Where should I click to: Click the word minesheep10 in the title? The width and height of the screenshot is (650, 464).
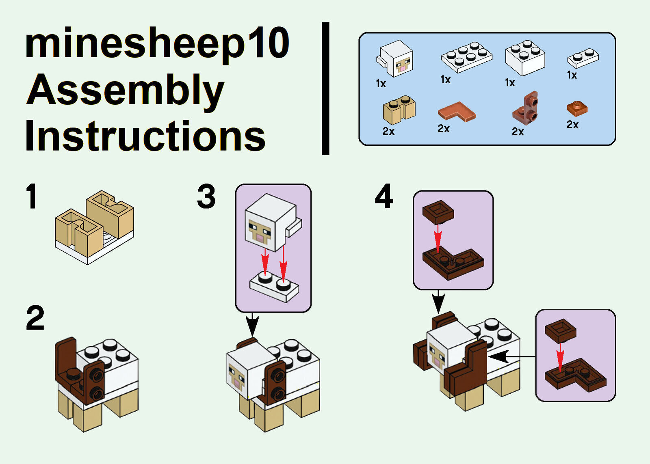[x=157, y=44]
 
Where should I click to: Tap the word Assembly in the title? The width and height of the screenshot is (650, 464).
[x=125, y=90]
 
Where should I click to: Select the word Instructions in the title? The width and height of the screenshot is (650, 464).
[x=145, y=136]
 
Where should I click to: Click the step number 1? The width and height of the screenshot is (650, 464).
[x=32, y=196]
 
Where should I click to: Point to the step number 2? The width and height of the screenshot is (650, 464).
[x=35, y=318]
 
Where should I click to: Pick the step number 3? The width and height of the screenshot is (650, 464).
[x=206, y=196]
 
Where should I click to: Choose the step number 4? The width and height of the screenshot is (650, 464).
[x=383, y=196]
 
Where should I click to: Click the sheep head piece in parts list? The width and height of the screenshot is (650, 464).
[x=395, y=58]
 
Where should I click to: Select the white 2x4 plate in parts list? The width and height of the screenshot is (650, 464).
[x=466, y=57]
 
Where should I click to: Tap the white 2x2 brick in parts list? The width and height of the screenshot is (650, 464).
[x=525, y=58]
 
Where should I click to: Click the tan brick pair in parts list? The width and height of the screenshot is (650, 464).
[x=399, y=110]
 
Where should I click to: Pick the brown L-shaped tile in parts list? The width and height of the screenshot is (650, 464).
[x=457, y=111]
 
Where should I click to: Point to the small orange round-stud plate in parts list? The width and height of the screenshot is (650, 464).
[x=577, y=108]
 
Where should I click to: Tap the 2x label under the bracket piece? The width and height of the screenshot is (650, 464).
[x=518, y=132]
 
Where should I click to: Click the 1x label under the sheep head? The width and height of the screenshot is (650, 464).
[x=381, y=84]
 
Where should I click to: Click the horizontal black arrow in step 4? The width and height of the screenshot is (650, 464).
[x=509, y=357]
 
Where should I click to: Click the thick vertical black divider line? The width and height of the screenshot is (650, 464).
[x=325, y=88]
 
